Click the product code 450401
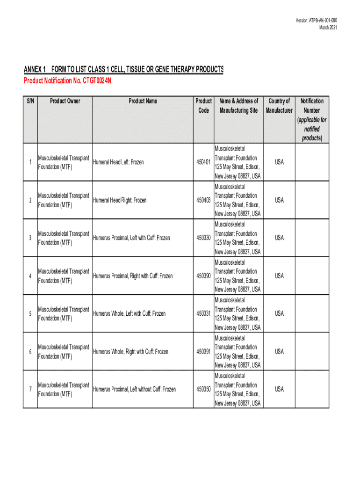click(x=203, y=162)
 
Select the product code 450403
click(x=203, y=200)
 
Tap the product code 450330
click(x=203, y=238)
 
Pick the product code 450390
click(x=203, y=276)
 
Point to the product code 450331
click(x=203, y=313)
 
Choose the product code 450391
click(x=203, y=352)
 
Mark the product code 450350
click(x=203, y=389)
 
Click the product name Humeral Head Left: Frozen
click(x=119, y=162)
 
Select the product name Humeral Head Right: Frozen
click(x=120, y=200)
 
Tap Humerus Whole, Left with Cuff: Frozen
click(x=130, y=313)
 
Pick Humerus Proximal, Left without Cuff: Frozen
click(x=135, y=389)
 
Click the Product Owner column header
click(x=65, y=101)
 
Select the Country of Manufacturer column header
click(x=279, y=106)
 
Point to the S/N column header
click(x=30, y=101)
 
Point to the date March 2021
click(x=328, y=28)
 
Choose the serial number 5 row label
click(x=30, y=313)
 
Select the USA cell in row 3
click(x=279, y=238)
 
